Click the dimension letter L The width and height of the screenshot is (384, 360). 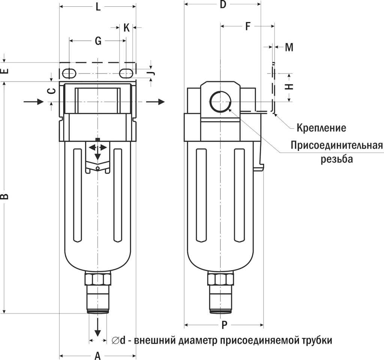[98, 7]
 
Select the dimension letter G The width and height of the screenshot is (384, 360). [98, 41]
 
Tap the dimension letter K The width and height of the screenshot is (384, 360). [127, 28]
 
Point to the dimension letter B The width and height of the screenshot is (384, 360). [5, 196]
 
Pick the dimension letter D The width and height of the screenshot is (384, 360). [223, 5]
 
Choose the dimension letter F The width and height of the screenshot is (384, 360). [247, 26]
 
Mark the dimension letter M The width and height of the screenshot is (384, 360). [289, 47]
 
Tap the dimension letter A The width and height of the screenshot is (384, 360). [97, 355]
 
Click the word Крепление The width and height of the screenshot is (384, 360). [321, 128]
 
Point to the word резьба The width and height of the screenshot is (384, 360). [337, 159]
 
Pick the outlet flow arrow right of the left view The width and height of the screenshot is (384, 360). [156, 101]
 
